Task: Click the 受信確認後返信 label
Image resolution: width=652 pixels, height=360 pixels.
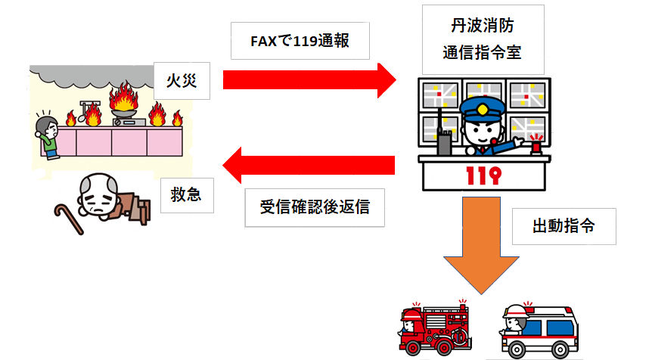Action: (315, 206)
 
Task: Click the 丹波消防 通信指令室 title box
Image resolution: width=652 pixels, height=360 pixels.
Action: (482, 40)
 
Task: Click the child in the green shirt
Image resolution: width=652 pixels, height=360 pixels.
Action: (48, 135)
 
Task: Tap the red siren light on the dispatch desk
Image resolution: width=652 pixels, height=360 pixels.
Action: (539, 143)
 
